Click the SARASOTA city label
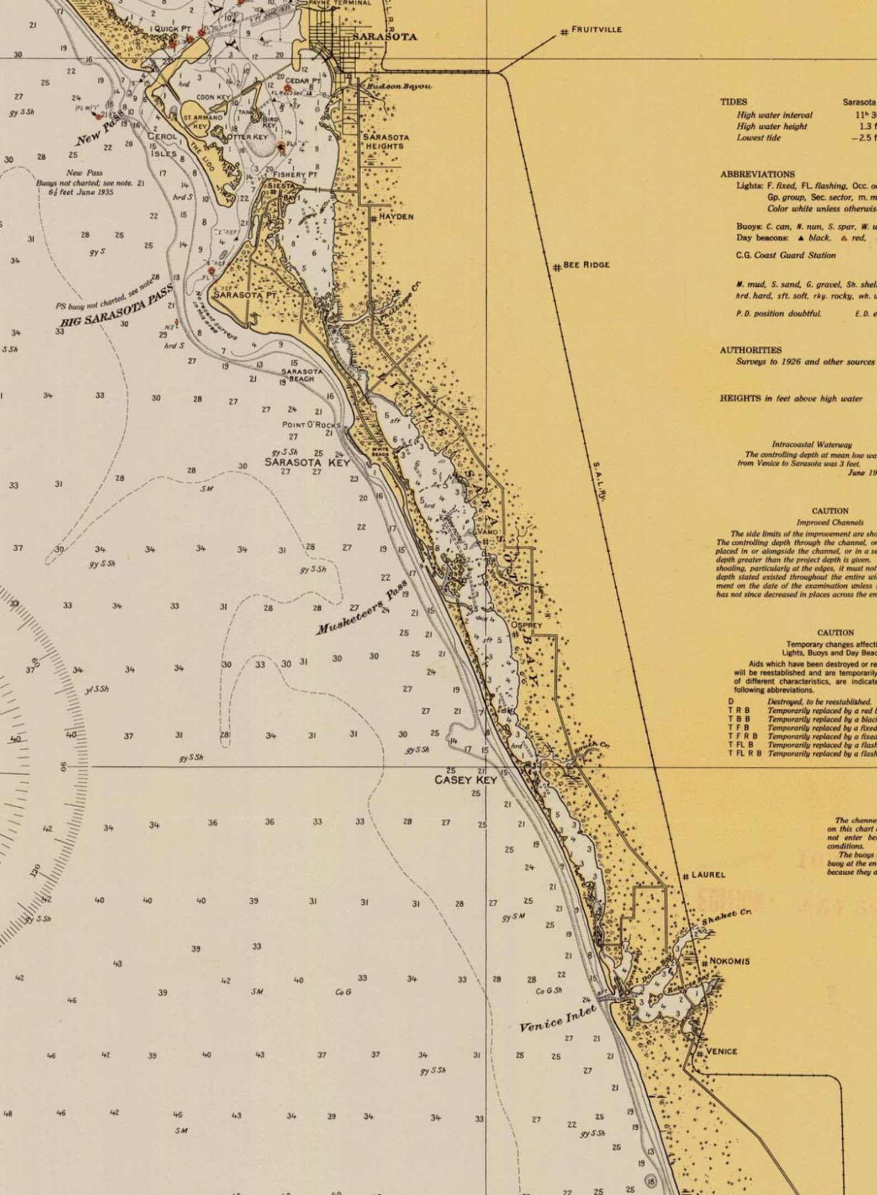[385, 37]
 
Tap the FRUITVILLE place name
[596, 29]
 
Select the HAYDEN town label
[396, 217]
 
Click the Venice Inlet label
[558, 1018]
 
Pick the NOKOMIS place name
[730, 961]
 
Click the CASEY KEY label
[466, 780]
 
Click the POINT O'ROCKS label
[311, 425]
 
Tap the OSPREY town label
[526, 625]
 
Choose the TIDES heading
[733, 102]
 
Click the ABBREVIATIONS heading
[757, 174]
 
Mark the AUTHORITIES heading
[751, 350]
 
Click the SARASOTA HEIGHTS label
[385, 141]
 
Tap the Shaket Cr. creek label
[727, 917]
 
